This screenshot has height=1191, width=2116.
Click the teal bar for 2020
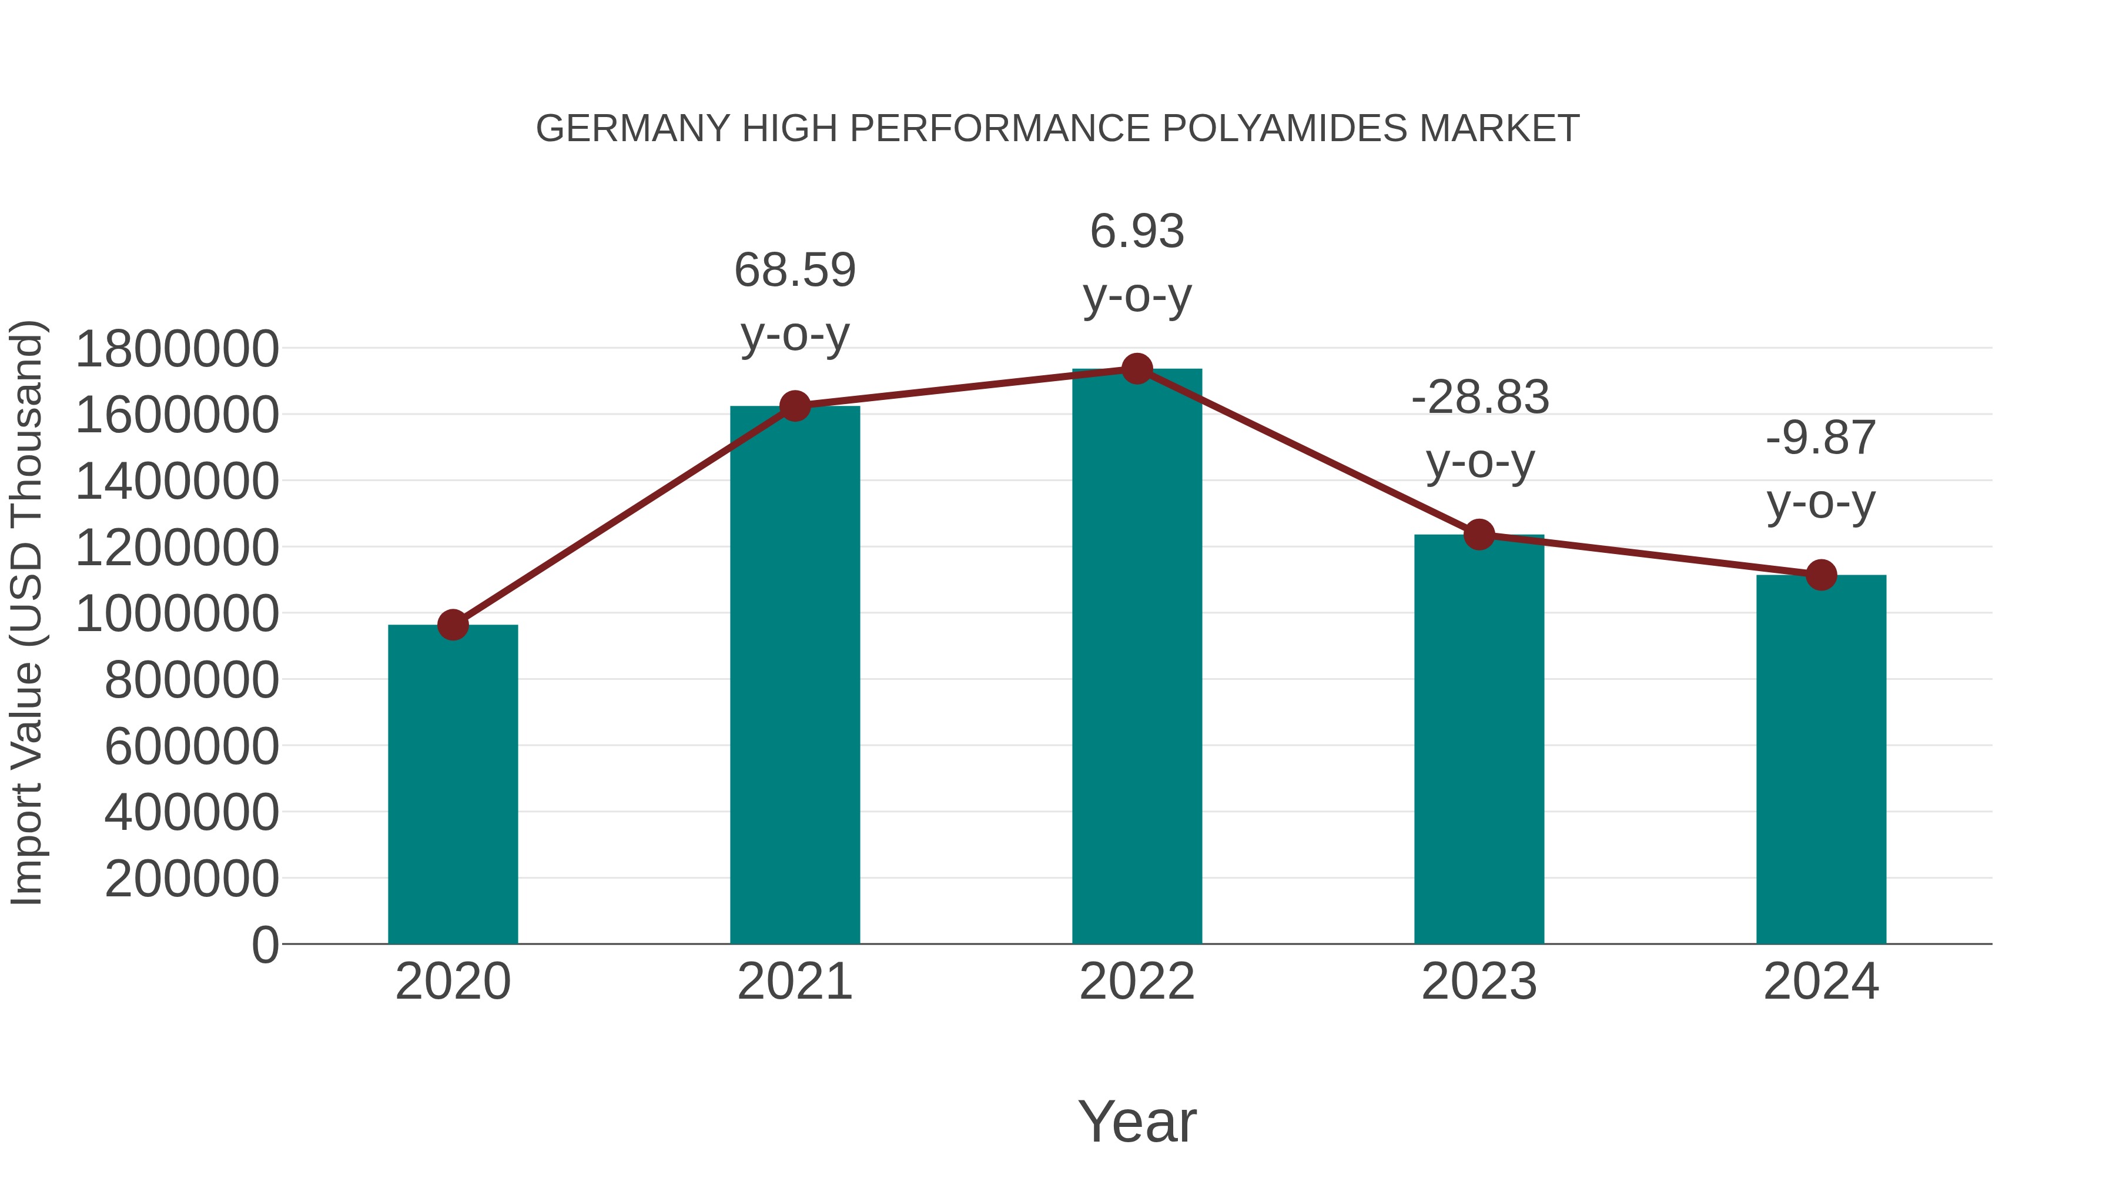(453, 785)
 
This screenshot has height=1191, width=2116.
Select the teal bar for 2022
(1137, 658)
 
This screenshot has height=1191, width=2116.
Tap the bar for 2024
(1821, 760)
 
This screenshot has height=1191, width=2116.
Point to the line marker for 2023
(1479, 535)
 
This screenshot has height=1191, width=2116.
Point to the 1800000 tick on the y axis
(176, 349)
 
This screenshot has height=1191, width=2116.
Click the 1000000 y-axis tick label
(176, 613)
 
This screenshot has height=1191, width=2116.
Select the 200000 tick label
(192, 879)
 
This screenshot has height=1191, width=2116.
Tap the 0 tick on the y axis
(264, 945)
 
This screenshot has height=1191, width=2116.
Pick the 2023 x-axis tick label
(1479, 982)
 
